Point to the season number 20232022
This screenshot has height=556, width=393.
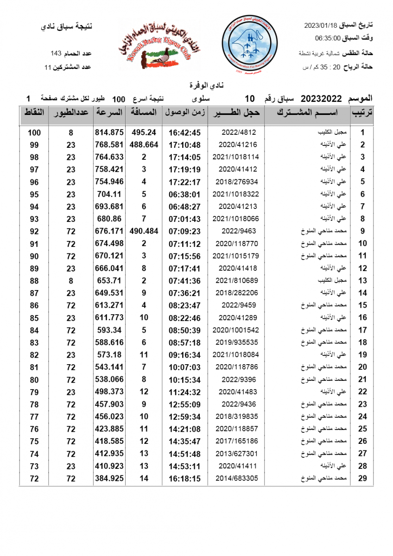click(321, 99)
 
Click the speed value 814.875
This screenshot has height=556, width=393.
click(109, 132)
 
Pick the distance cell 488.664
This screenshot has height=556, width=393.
click(144, 145)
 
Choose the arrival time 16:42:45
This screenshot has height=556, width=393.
click(184, 132)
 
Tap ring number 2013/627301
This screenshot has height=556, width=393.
click(236, 454)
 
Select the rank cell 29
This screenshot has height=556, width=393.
click(362, 479)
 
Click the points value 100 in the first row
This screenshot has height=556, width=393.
click(34, 133)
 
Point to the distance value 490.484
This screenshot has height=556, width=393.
click(144, 231)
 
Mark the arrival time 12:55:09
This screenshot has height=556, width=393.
click(184, 404)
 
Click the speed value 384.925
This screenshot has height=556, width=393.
click(109, 479)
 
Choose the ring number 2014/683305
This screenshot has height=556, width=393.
click(236, 479)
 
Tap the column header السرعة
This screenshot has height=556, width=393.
click(109, 113)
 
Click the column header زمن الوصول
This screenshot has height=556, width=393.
click(184, 113)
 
